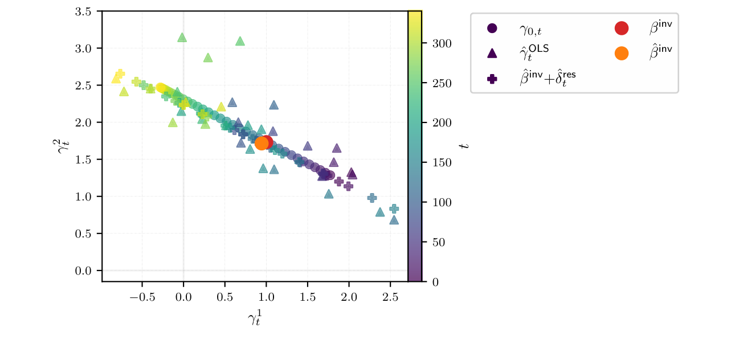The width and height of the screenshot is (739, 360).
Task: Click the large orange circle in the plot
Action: pyautogui.click(x=262, y=143)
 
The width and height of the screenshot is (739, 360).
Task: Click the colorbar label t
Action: pyautogui.click(x=466, y=146)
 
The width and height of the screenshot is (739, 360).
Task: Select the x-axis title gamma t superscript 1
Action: pyautogui.click(x=255, y=320)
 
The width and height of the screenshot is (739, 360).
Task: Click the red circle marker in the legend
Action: pyautogui.click(x=621, y=28)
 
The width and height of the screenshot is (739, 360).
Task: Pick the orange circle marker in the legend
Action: pyautogui.click(x=621, y=53)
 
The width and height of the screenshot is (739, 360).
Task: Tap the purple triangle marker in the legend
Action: pyautogui.click(x=492, y=53)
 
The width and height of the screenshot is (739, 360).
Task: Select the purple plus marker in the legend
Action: pyautogui.click(x=492, y=79)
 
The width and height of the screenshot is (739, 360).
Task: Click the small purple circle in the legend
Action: pyautogui.click(x=492, y=28)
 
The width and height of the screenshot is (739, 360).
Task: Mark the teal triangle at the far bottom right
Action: pyautogui.click(x=394, y=220)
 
